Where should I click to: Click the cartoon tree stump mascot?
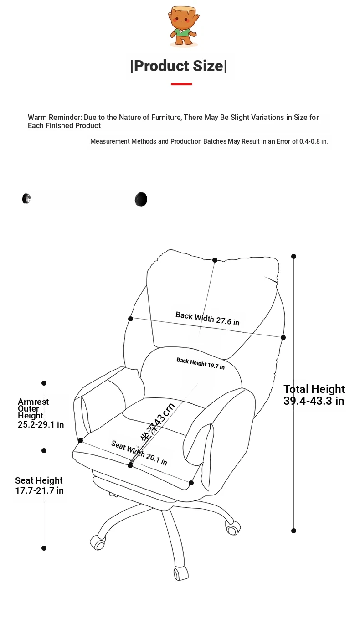point(184,26)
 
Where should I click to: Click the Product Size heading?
point(179,66)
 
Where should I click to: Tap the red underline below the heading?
point(181,84)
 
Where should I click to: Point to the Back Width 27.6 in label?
point(207,319)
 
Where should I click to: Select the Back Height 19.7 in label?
point(201,364)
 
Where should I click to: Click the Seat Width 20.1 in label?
point(139,453)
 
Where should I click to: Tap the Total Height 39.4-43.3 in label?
point(314,395)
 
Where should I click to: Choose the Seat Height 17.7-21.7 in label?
point(39,485)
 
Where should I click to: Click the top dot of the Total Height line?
point(293,256)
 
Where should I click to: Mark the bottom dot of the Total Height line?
point(293,531)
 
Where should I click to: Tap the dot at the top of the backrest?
point(215,260)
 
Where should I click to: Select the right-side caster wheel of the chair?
point(232,528)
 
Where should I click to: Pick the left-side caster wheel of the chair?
point(98,542)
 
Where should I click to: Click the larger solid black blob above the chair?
point(141,200)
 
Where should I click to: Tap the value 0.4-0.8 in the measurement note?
point(309,141)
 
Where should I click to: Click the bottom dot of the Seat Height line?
point(44,548)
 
